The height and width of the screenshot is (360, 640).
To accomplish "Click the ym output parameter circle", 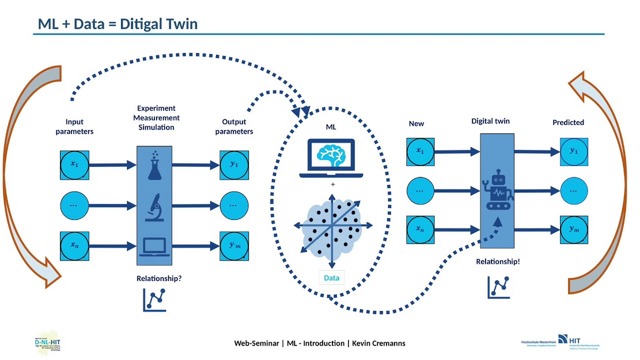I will pyautogui.click(x=234, y=246).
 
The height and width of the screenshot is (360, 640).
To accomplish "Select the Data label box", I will pyautogui.click(x=331, y=278).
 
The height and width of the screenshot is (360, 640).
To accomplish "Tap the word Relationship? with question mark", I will pyautogui.click(x=159, y=278).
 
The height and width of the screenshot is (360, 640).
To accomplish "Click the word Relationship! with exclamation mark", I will pyautogui.click(x=498, y=262).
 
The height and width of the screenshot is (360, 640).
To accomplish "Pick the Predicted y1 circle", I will pyautogui.click(x=573, y=151).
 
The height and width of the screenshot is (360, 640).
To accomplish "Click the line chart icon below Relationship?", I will pyautogui.click(x=154, y=300).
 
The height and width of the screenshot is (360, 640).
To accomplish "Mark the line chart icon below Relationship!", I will pyautogui.click(x=498, y=287).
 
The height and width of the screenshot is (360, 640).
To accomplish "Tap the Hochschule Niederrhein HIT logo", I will pyautogui.click(x=559, y=342).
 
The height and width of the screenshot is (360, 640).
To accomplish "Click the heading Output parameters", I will pyautogui.click(x=234, y=127).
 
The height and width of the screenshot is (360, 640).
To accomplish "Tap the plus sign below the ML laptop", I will pyautogui.click(x=332, y=185).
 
